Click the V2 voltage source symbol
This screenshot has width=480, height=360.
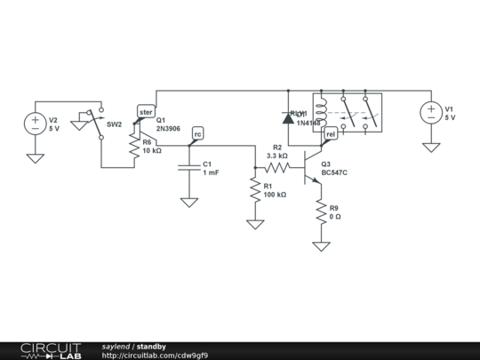tap(35, 123)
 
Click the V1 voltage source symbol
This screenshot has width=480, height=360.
tap(431, 112)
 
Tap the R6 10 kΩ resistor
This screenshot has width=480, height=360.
tap(134, 145)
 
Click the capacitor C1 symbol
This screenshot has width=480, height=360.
tap(189, 167)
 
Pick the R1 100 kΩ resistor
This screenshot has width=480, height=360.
tap(255, 188)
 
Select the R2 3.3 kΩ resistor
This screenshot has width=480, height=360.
tap(277, 166)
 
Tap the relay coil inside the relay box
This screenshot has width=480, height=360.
tap(321, 111)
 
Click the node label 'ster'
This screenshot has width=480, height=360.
tap(146, 112)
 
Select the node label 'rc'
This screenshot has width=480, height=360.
tap(198, 133)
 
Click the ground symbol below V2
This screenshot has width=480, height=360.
tap(35, 157)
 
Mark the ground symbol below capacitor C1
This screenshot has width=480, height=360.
tap(189, 202)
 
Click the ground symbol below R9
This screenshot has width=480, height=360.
tap(321, 246)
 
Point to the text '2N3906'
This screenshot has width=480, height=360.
tap(169, 129)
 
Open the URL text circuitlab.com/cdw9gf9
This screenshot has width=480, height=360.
tap(155, 355)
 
